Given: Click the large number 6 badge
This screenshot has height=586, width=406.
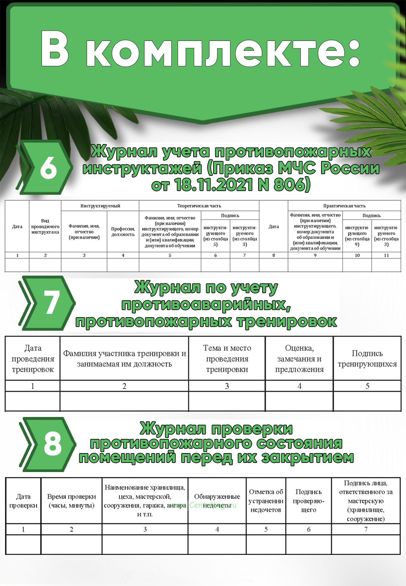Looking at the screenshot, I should coord(48,168).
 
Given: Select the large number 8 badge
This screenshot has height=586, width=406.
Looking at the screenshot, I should coord(53,444).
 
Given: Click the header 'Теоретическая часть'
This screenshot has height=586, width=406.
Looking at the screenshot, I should coord(199,206).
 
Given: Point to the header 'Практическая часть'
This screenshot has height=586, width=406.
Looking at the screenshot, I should coord(344,206).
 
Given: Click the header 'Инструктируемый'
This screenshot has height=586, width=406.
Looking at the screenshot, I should coord(100,206).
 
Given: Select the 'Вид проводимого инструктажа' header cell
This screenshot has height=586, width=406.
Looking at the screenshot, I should coord(45,226).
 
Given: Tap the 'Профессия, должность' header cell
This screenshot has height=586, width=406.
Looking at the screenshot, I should coord(123,232).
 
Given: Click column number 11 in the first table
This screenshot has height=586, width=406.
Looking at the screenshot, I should coord(386,255).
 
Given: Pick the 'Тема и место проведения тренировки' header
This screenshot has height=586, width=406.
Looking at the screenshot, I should coord(227,358).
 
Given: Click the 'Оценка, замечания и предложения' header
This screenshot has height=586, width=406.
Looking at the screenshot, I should coord(299,358).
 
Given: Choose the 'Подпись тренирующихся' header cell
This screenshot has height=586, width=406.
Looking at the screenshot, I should coord(367,358).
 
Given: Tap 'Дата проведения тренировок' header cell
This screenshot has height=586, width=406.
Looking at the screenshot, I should coord(32,358).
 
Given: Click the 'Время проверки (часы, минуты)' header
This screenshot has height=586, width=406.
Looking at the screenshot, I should coord(71,501).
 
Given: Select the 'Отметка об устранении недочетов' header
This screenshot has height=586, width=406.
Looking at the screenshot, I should coord(266,501).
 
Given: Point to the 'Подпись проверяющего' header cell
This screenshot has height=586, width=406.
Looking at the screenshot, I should coord(309,501).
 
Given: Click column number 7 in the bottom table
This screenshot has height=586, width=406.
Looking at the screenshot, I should coord(366,529).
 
